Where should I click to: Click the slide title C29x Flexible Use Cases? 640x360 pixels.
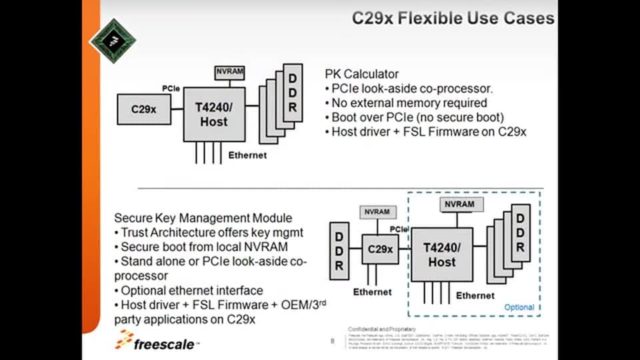click(x=453, y=18)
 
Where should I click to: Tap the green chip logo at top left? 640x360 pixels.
click(x=113, y=41)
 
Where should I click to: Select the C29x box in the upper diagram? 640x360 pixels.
click(x=143, y=109)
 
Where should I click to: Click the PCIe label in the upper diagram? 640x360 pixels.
click(x=171, y=88)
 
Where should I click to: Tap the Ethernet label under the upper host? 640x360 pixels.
click(x=247, y=155)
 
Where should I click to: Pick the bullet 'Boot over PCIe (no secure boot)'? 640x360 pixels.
click(x=418, y=117)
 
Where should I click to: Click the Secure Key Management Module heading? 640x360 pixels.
click(x=203, y=218)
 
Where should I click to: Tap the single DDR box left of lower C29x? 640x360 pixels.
click(x=339, y=251)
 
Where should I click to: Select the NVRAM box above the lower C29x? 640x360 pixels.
click(x=378, y=212)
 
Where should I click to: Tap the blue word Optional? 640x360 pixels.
click(x=519, y=307)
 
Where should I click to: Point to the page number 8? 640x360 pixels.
click(x=333, y=341)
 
